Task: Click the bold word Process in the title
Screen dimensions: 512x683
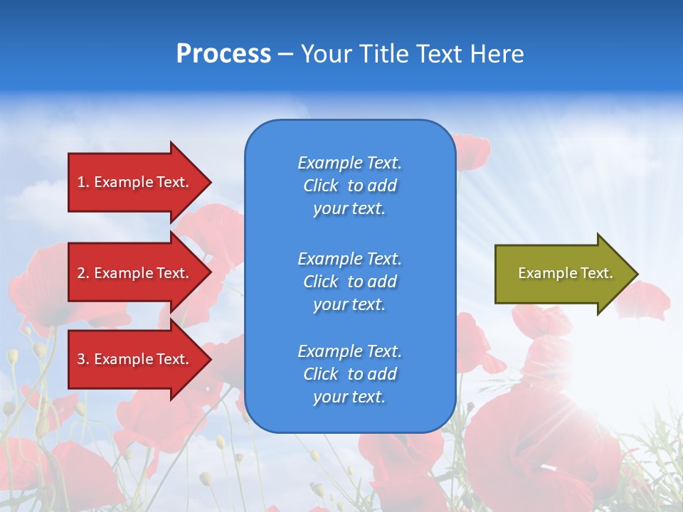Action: coord(223,54)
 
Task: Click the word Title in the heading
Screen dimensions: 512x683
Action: coord(384,54)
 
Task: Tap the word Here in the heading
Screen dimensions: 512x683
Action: coord(497,54)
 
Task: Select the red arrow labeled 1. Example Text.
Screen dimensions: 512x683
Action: coord(135,182)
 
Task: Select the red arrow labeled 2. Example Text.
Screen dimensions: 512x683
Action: coord(135,273)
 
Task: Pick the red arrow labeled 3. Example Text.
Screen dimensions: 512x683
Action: coord(135,359)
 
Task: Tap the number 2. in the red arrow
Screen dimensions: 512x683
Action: coord(83,273)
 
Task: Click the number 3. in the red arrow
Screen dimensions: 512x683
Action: coord(83,359)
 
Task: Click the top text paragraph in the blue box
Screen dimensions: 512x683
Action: coord(349,186)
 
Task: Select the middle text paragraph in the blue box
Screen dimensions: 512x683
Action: coord(349,281)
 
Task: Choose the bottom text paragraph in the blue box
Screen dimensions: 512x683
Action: coord(349,374)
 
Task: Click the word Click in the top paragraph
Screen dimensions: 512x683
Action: coord(321,186)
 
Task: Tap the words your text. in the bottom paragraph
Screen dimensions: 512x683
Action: coord(349,397)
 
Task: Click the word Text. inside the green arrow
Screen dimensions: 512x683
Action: coord(597,273)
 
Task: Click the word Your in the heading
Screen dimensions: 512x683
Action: coord(329,54)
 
